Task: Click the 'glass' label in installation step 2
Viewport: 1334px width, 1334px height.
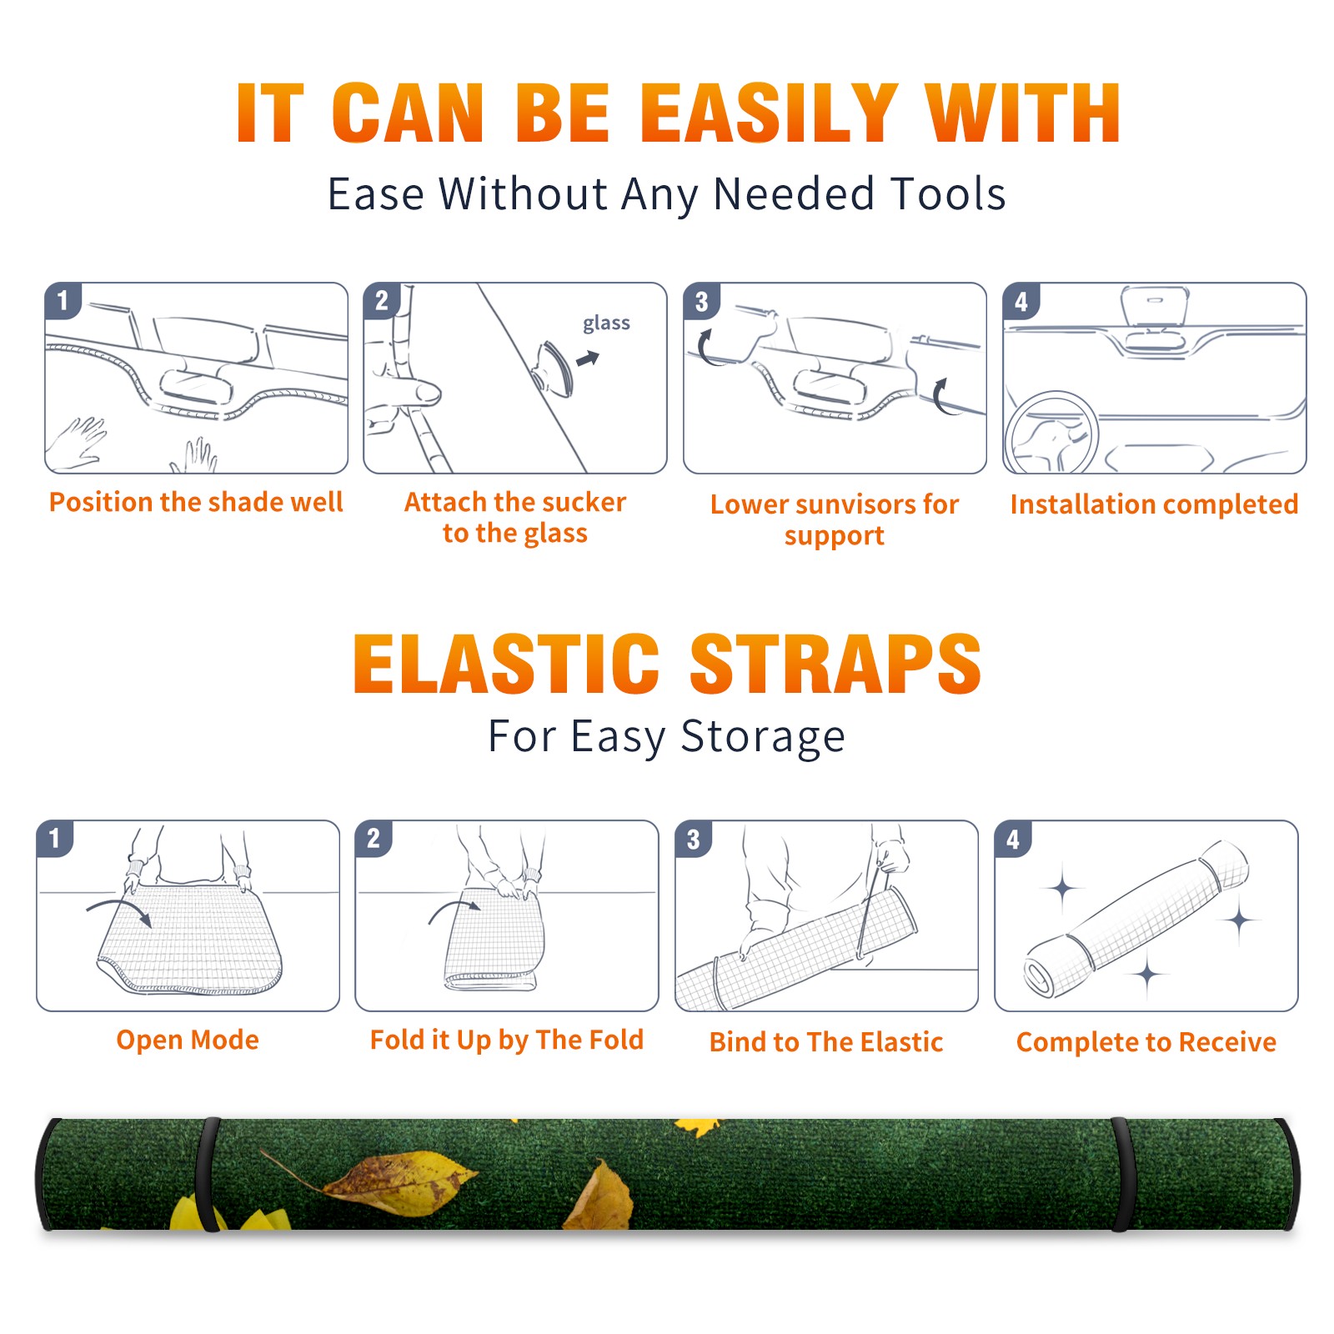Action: (x=606, y=323)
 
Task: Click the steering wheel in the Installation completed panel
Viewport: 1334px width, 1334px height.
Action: (x=1051, y=433)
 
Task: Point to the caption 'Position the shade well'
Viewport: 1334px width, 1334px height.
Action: (x=196, y=502)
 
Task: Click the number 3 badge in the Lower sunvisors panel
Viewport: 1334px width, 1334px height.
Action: (x=701, y=301)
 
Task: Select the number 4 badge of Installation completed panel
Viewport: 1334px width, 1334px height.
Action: (x=1021, y=301)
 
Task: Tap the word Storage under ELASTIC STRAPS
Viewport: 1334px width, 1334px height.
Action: (x=763, y=737)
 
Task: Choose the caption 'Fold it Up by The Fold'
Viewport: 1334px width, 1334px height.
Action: (x=506, y=1040)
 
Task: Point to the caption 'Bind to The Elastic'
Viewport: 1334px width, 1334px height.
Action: (x=826, y=1042)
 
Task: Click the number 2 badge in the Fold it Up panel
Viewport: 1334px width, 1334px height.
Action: (x=374, y=838)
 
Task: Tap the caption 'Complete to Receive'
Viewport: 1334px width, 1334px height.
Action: (x=1146, y=1042)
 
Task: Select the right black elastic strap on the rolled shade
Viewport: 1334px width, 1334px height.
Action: (x=1123, y=1175)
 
